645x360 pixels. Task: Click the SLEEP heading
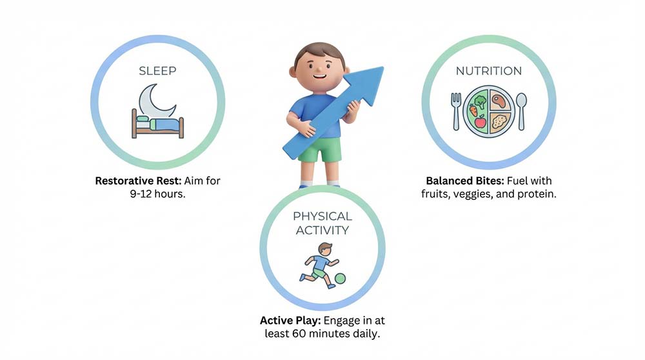pos(157,71)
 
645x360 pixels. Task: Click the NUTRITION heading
pos(489,71)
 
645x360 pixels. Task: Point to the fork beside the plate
pos(456,112)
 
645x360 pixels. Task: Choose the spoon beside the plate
pos(521,112)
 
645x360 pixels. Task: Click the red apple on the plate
pos(480,122)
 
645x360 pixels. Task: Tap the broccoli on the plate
pos(480,102)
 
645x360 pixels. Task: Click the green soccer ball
pos(340,279)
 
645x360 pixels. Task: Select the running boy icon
pos(320,265)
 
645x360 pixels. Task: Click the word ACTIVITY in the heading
pos(322,230)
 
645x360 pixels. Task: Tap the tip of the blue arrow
pos(383,67)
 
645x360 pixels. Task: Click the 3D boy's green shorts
pos(321,149)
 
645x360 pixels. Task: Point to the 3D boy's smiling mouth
pos(319,76)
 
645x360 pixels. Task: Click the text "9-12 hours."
pos(157,194)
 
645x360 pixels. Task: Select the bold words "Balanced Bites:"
pos(465,181)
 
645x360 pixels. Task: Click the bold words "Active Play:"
pos(290,321)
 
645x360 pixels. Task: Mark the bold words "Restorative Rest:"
pos(138,181)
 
